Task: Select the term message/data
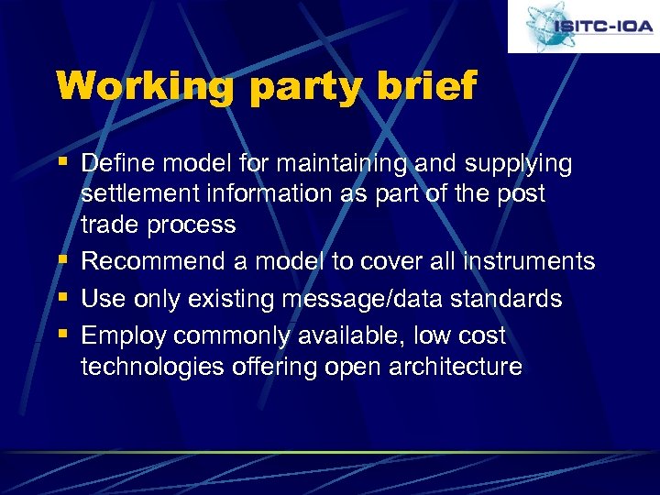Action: pos(368,300)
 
